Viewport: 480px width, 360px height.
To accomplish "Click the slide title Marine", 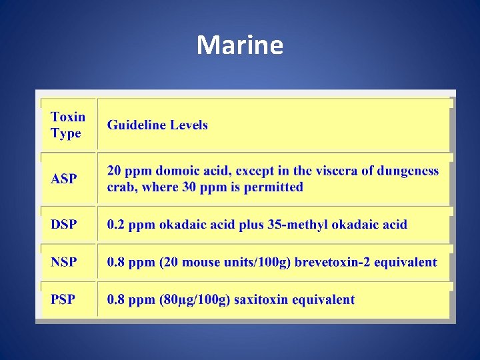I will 240,45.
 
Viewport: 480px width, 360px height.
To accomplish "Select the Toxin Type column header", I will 68,125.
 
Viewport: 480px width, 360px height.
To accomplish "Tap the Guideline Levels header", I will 157,125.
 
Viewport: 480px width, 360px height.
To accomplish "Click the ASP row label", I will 64,179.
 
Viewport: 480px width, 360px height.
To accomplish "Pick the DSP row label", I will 63,224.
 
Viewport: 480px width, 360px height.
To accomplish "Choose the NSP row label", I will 63,262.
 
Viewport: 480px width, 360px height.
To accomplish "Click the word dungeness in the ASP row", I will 408,171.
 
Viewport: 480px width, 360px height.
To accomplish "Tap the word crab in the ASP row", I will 121,187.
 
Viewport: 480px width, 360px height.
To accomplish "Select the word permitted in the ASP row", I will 273,187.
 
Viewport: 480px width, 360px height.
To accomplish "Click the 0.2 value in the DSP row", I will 117,224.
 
